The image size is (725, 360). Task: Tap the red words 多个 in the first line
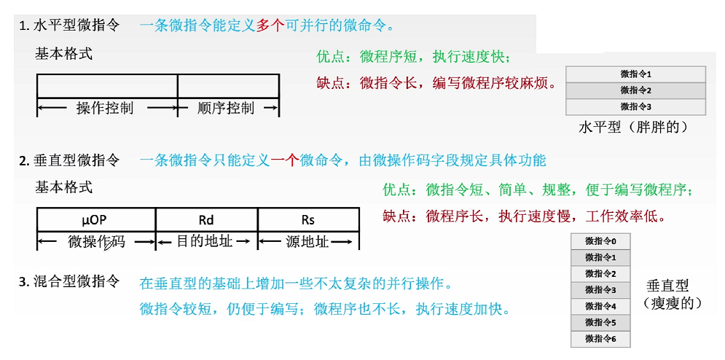pyautogui.click(x=270, y=26)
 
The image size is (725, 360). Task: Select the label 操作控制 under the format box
pyautogui.click(x=105, y=109)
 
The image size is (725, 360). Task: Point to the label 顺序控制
pyautogui.click(x=226, y=109)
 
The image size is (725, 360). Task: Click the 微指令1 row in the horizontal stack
pyautogui.click(x=635, y=74)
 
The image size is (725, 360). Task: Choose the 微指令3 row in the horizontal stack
pyautogui.click(x=635, y=107)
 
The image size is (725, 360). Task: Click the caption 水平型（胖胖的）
pyautogui.click(x=633, y=127)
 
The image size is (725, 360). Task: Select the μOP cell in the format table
pyautogui.click(x=95, y=219)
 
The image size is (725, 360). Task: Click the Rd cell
pyautogui.click(x=206, y=219)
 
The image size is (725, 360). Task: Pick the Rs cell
pyautogui.click(x=307, y=219)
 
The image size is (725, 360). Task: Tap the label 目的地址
pyautogui.click(x=205, y=240)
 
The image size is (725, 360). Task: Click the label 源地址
pyautogui.click(x=307, y=241)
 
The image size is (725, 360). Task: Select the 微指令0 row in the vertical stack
pyautogui.click(x=600, y=241)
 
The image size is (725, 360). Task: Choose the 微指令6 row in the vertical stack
pyautogui.click(x=600, y=339)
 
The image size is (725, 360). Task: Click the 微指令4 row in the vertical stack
pyautogui.click(x=600, y=306)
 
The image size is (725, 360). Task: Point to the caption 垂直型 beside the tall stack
pyautogui.click(x=667, y=286)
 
